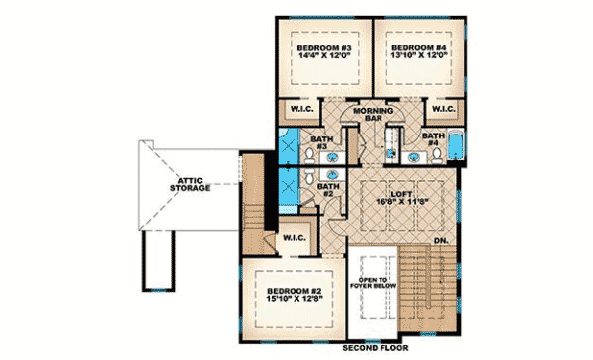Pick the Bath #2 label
pyautogui.click(x=328, y=187)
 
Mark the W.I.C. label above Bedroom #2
pyautogui.click(x=294, y=238)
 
